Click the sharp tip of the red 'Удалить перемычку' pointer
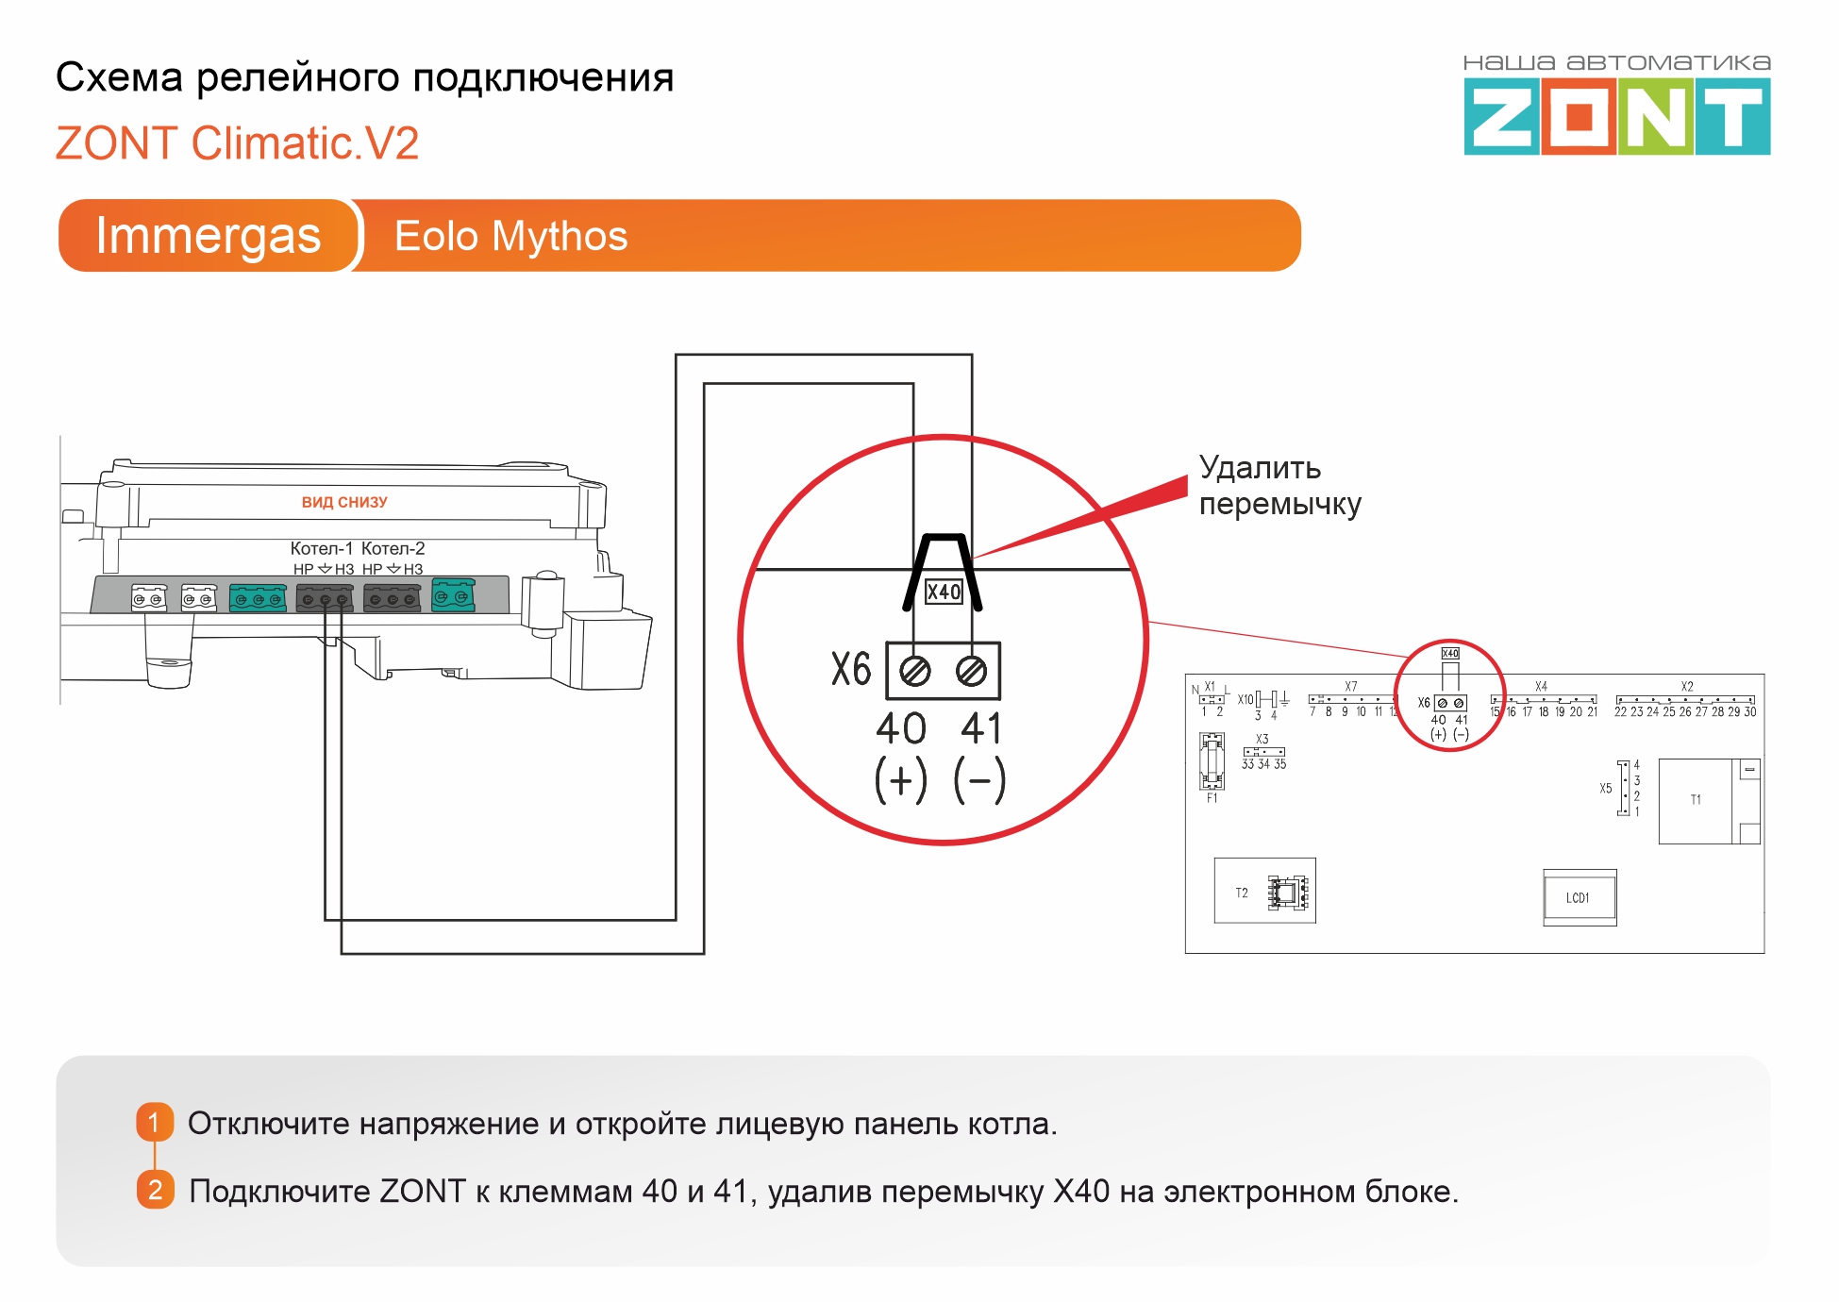tap(973, 559)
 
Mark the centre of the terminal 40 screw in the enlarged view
tap(914, 671)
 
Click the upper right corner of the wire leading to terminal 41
tap(972, 355)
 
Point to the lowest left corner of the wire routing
tap(342, 953)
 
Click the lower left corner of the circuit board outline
tap(1186, 953)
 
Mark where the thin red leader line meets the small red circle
tap(1409, 656)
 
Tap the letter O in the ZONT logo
tap(1580, 117)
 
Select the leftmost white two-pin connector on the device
tap(149, 598)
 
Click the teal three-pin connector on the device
tap(258, 598)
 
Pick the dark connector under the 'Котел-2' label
tap(393, 598)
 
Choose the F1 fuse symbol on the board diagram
tap(1212, 761)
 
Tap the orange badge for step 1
tap(155, 1122)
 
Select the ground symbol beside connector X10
tap(1285, 700)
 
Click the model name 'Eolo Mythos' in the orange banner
tap(510, 236)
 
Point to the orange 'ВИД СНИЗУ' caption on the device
tap(344, 502)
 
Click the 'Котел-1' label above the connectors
tap(322, 548)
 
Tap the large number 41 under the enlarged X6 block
tap(981, 728)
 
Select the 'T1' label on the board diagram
tap(1696, 799)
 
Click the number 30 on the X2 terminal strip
tap(1749, 712)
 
